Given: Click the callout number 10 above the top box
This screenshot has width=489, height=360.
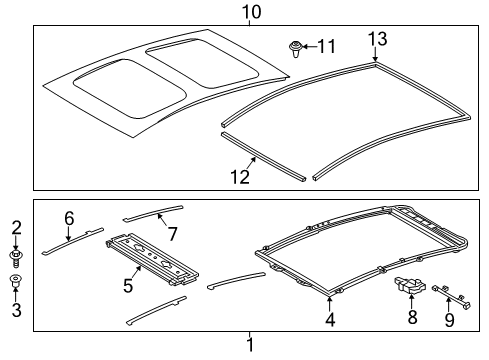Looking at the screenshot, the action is pyautogui.click(x=251, y=12).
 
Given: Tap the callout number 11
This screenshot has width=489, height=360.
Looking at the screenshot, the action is pyautogui.click(x=326, y=46).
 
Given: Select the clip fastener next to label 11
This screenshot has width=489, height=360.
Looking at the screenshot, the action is pyautogui.click(x=295, y=49).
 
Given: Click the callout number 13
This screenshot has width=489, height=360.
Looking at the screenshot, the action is pyautogui.click(x=377, y=39).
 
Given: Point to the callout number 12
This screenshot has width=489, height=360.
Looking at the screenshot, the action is pyautogui.click(x=240, y=177).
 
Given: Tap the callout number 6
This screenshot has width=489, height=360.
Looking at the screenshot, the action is pyautogui.click(x=69, y=219).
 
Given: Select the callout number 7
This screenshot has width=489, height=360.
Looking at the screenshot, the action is pyautogui.click(x=172, y=234).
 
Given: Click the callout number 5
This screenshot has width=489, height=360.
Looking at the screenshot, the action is pyautogui.click(x=128, y=286).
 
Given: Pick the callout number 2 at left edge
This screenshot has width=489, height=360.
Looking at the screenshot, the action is pyautogui.click(x=16, y=227).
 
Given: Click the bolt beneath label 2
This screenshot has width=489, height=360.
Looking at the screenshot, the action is pyautogui.click(x=15, y=259).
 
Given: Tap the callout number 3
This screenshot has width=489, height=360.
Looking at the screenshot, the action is pyautogui.click(x=17, y=310).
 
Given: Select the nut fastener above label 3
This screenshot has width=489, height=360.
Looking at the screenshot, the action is pyautogui.click(x=15, y=280).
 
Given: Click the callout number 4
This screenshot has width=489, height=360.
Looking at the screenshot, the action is pyautogui.click(x=330, y=319).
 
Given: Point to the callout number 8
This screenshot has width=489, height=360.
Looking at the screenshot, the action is pyautogui.click(x=412, y=317).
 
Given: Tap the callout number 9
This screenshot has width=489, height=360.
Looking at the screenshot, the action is pyautogui.click(x=449, y=319).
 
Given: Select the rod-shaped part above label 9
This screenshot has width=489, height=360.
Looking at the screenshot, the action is pyautogui.click(x=451, y=296).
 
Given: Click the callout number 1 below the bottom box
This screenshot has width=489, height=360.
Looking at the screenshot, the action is pyautogui.click(x=250, y=345).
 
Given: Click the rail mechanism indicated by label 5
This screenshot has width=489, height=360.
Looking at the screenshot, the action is pyautogui.click(x=152, y=259).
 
